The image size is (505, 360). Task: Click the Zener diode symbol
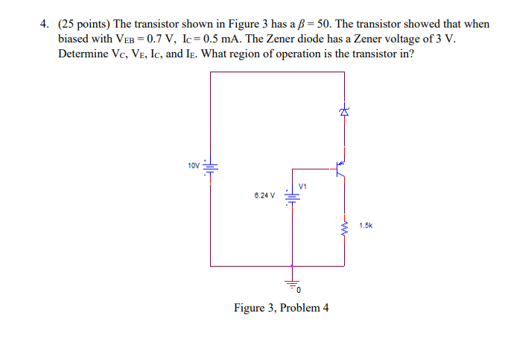(344, 112)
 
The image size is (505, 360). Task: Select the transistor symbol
(340, 168)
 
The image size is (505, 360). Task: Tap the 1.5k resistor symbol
(344, 224)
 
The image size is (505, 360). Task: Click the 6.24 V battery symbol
(293, 197)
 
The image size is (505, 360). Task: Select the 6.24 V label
(264, 197)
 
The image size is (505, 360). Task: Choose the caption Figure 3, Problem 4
(282, 308)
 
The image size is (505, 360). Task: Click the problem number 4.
(44, 24)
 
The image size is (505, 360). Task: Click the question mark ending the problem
(411, 54)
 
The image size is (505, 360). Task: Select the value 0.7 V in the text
(158, 39)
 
